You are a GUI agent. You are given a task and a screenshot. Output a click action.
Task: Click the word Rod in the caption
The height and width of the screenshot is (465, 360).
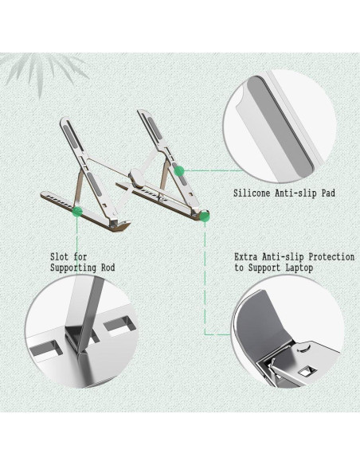click(x=106, y=268)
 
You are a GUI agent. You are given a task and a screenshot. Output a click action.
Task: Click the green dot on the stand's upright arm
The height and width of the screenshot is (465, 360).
click(x=179, y=169)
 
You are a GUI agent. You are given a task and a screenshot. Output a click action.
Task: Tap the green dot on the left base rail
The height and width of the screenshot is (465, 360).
click(x=76, y=210)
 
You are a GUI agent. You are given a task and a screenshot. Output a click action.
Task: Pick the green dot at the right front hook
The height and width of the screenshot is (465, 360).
click(x=205, y=215)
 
